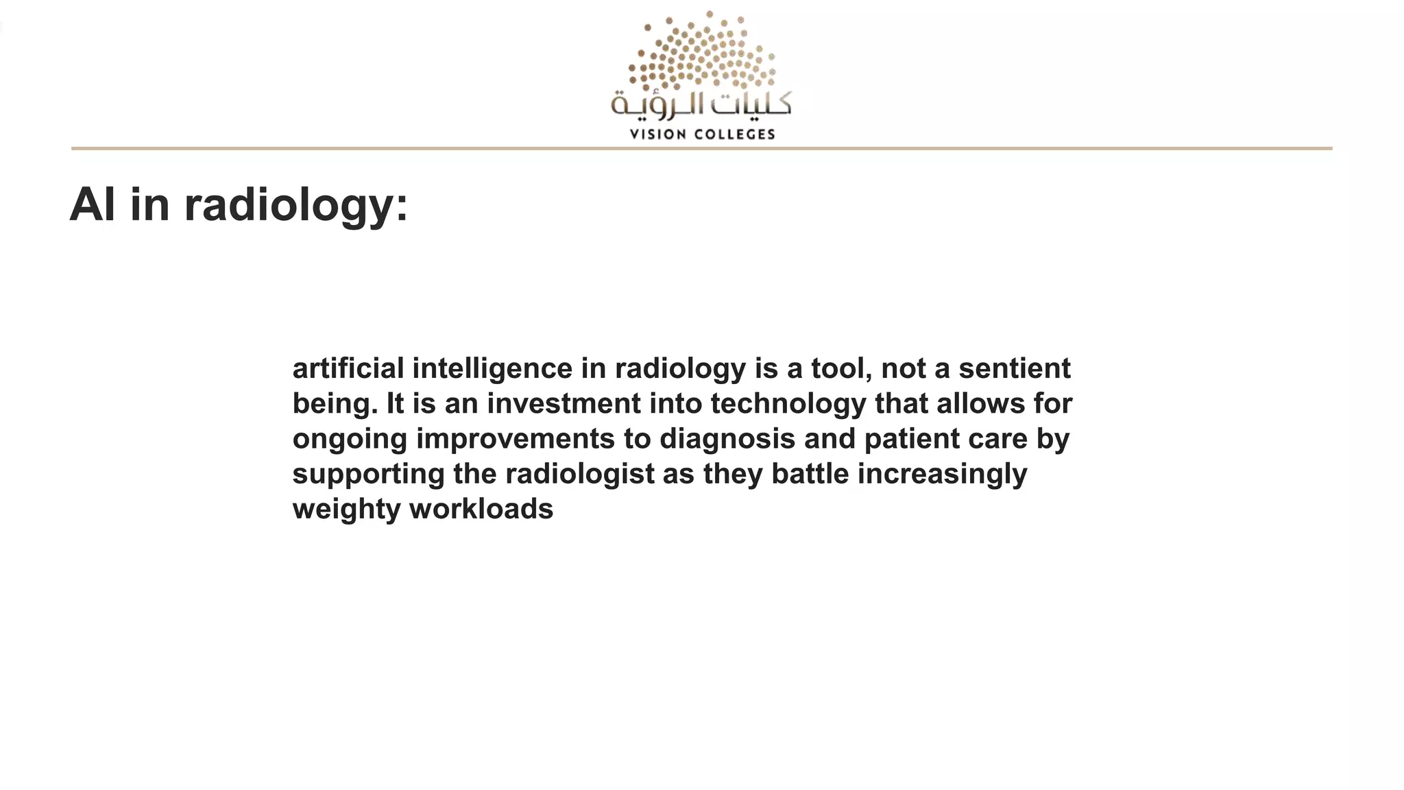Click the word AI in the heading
click(93, 204)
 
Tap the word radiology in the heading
click(295, 204)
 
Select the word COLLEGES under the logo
click(735, 134)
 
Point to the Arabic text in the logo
click(701, 104)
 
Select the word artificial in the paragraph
click(348, 368)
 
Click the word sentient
click(1014, 368)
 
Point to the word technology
click(788, 405)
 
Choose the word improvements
click(516, 440)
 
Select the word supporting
click(368, 475)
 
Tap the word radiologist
click(580, 475)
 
